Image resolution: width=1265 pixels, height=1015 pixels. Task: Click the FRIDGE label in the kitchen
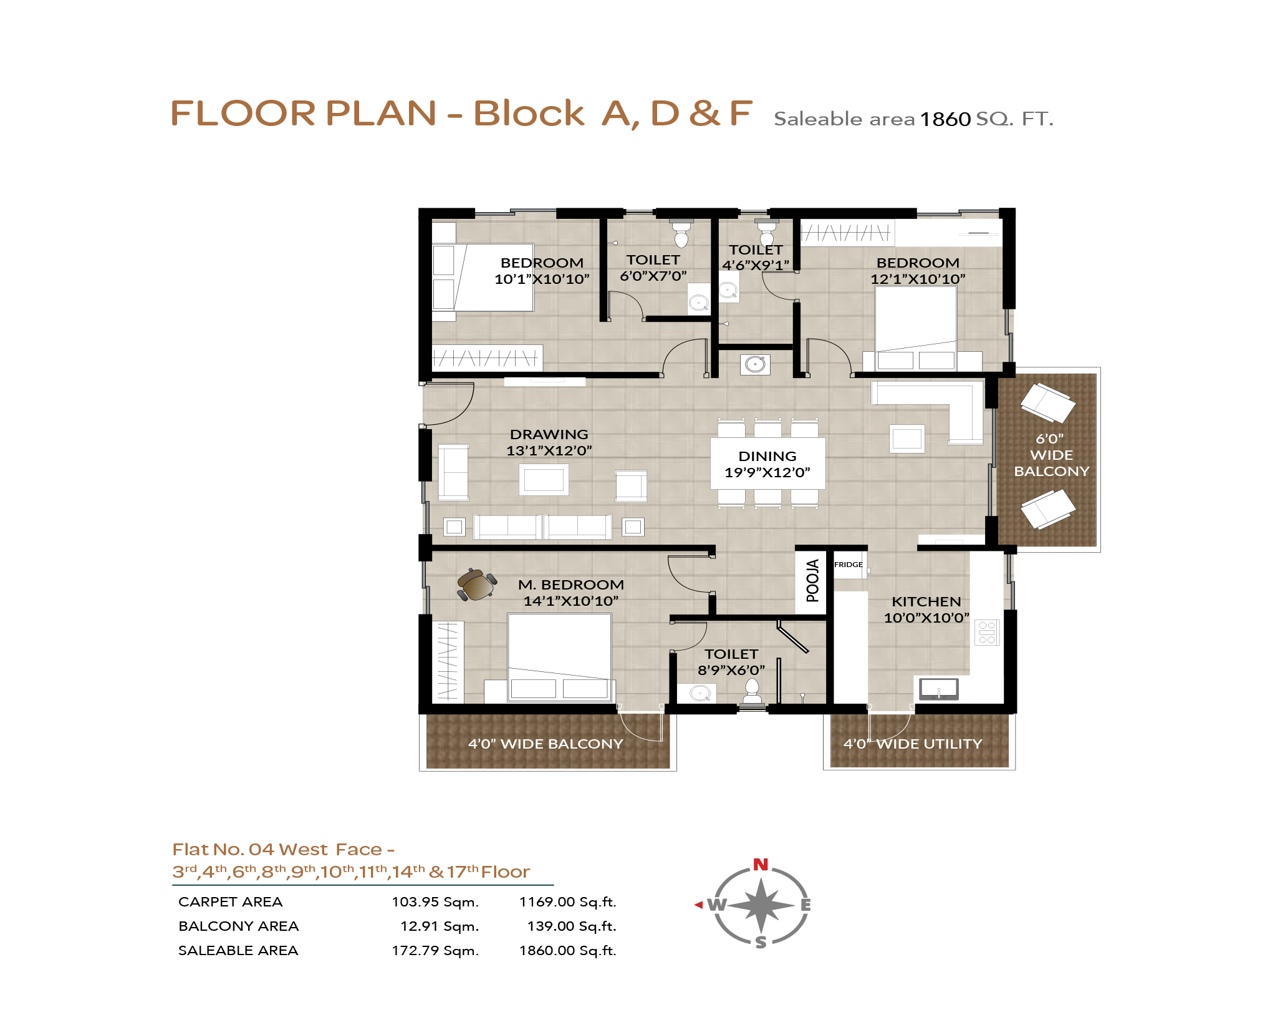(849, 565)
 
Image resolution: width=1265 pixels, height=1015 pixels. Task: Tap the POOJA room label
(812, 581)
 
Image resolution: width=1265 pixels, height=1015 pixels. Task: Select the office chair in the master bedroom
(477, 585)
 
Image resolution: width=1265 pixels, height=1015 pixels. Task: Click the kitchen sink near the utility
(939, 689)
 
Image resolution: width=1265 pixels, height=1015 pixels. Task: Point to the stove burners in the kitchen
(987, 632)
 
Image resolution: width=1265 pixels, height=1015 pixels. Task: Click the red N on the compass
(761, 865)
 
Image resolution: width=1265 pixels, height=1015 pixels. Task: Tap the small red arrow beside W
(698, 905)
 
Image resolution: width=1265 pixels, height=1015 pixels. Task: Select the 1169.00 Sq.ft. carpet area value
(567, 902)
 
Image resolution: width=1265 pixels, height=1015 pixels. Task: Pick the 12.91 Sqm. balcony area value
(440, 926)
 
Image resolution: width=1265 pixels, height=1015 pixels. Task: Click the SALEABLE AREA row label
(238, 951)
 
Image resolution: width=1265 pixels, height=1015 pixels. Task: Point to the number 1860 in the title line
(945, 119)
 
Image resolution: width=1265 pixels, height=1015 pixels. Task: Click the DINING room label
(767, 457)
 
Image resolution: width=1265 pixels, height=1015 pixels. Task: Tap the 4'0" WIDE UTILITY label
(913, 744)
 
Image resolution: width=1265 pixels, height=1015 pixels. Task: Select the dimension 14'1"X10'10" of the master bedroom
(571, 601)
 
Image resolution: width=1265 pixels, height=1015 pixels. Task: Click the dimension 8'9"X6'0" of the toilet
(731, 670)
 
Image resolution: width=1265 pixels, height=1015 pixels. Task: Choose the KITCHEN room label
(926, 601)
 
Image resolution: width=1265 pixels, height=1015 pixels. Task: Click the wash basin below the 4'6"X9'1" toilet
(756, 364)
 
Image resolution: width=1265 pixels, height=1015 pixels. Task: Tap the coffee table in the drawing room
(544, 480)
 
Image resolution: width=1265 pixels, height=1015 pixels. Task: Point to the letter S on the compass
(761, 942)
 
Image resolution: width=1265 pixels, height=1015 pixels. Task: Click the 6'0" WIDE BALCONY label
(1052, 455)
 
